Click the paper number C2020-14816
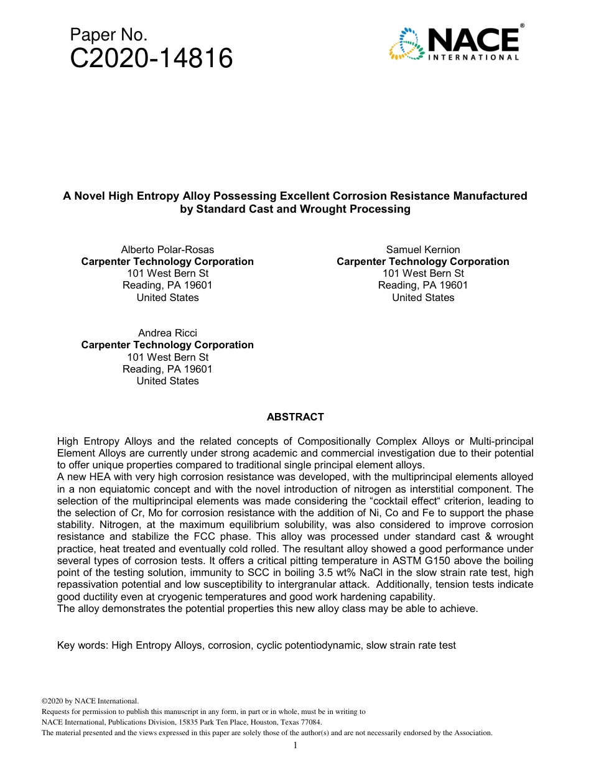point(151,59)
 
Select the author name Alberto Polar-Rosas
point(167,249)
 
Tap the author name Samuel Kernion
point(423,249)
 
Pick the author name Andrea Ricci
point(167,333)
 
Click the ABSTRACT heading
point(295,417)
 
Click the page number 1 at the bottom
point(295,745)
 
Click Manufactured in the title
point(490,196)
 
